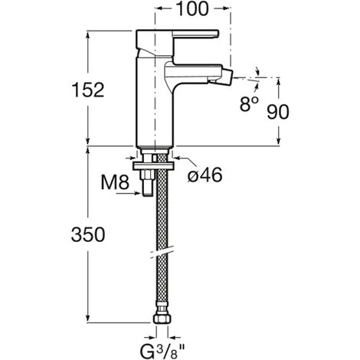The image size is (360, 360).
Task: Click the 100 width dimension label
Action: click(191, 11)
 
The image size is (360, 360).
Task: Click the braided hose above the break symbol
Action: click(162, 214)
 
